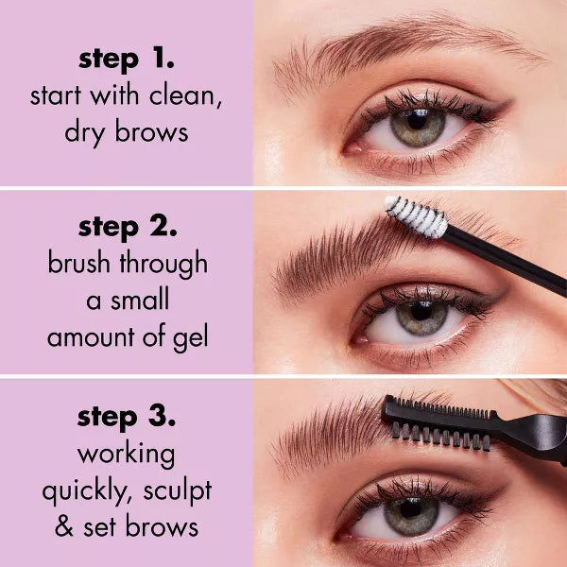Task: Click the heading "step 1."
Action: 127,60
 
